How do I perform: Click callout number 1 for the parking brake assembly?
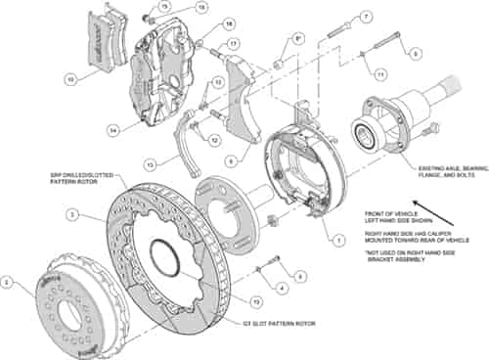pos(338,236)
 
